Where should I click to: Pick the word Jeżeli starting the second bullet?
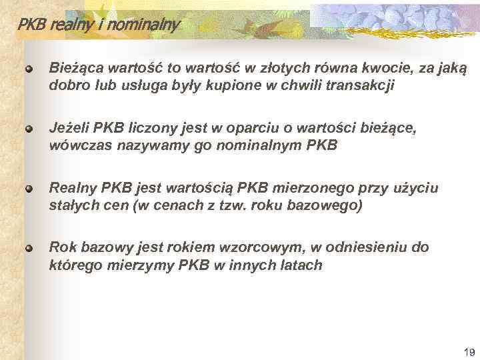point(69,127)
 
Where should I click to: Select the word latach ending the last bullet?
point(302,265)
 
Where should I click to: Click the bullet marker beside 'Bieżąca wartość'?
point(29,69)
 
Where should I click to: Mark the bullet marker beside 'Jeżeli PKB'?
point(29,127)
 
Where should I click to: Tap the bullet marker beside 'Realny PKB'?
point(29,187)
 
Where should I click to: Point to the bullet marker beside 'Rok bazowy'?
point(29,247)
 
